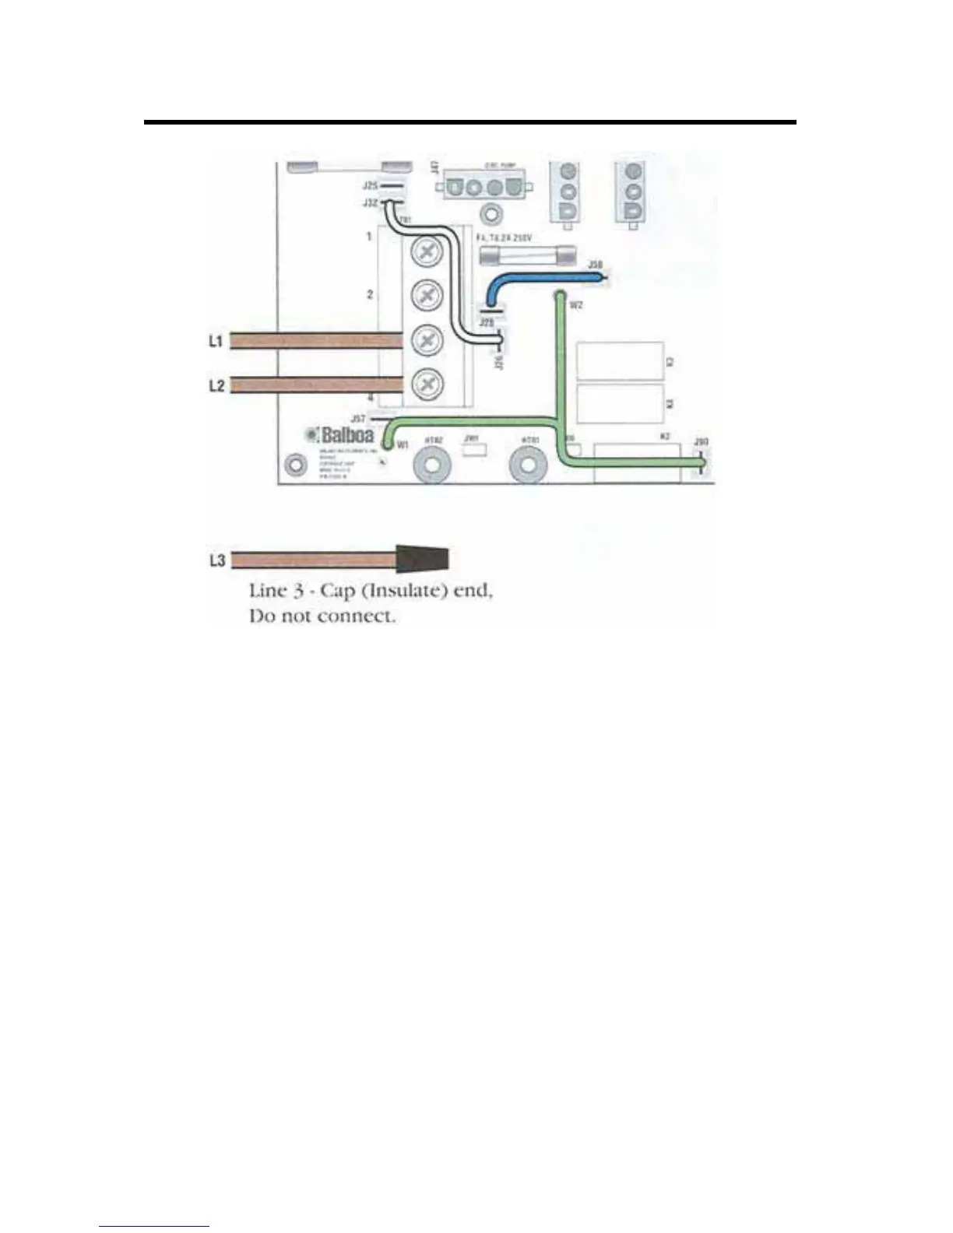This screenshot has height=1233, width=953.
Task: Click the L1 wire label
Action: [x=216, y=342]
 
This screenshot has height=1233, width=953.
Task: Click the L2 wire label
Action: [x=216, y=386]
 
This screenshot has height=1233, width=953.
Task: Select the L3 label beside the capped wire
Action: [x=217, y=560]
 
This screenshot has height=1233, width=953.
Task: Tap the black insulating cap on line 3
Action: [x=424, y=559]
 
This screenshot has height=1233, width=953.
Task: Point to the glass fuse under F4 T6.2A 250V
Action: [x=526, y=255]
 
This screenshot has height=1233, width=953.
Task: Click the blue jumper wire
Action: [x=537, y=285]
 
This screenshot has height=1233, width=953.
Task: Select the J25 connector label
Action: [x=370, y=186]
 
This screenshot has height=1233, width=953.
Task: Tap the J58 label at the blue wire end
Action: [x=595, y=265]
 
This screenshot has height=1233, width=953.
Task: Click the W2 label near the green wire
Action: [x=576, y=306]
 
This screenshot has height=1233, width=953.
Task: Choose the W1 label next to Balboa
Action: [x=403, y=444]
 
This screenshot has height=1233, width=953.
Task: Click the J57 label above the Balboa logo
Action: [x=358, y=419]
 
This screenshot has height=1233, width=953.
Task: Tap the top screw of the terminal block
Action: [x=427, y=251]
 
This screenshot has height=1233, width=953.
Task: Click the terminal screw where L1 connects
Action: [x=427, y=339]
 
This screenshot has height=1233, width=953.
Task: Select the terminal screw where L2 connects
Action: [x=427, y=383]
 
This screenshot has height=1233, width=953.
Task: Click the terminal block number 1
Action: [x=369, y=236]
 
